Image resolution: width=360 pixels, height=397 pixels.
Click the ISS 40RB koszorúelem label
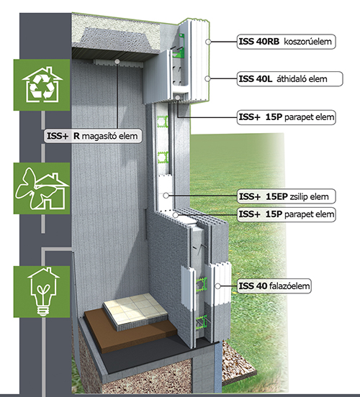tap(287, 42)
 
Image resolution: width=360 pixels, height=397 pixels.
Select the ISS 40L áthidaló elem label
tap(289, 79)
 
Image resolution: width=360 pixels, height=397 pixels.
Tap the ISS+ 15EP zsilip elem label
tap(287, 196)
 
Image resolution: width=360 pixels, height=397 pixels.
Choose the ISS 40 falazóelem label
tap(274, 286)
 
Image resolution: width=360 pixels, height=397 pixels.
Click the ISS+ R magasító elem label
tap(93, 136)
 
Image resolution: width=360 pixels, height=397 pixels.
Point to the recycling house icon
tap(42, 85)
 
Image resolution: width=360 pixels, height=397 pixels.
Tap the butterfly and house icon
tap(42, 188)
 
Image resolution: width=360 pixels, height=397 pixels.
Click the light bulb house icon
tap(42, 292)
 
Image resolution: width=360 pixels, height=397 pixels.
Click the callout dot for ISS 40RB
tap(208, 42)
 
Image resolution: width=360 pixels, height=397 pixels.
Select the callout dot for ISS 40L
tap(207, 78)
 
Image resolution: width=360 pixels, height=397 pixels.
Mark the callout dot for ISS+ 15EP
tap(166, 196)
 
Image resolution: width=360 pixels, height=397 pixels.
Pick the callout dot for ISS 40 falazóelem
tap(217, 286)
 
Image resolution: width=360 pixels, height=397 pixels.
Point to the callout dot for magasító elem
tap(117, 61)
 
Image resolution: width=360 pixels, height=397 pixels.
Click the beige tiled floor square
tap(135, 311)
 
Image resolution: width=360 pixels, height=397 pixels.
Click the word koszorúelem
tap(307, 41)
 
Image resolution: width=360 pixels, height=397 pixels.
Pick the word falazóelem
tap(289, 286)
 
